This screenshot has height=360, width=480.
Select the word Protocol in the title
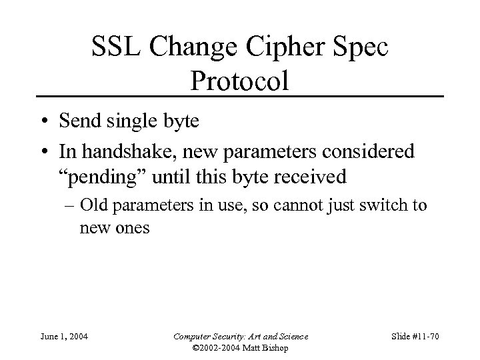[240, 81]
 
